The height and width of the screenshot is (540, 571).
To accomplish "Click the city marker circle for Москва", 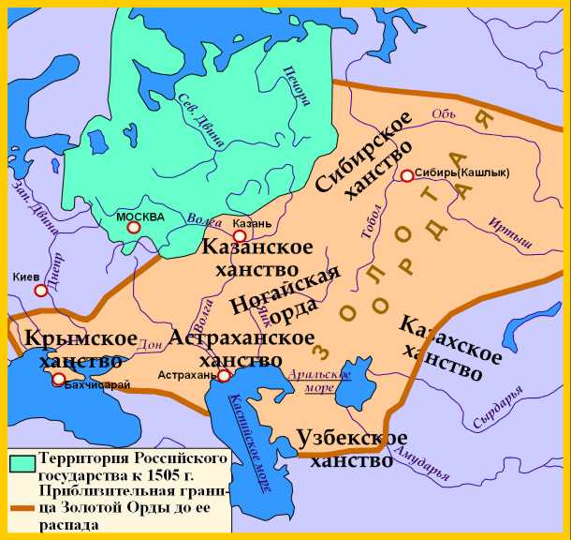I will (x=134, y=227).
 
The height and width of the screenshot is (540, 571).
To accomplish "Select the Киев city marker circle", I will (x=41, y=291).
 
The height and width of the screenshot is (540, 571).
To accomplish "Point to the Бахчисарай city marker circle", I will (x=59, y=380).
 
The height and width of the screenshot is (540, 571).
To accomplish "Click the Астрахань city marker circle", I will (x=225, y=375).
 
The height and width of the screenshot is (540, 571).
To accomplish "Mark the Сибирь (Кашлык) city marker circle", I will (x=406, y=175).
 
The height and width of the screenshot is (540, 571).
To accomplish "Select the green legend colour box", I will (x=21, y=462).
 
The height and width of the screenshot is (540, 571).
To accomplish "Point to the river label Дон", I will (x=146, y=344).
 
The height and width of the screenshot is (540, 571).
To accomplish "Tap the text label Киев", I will (x=26, y=277).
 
